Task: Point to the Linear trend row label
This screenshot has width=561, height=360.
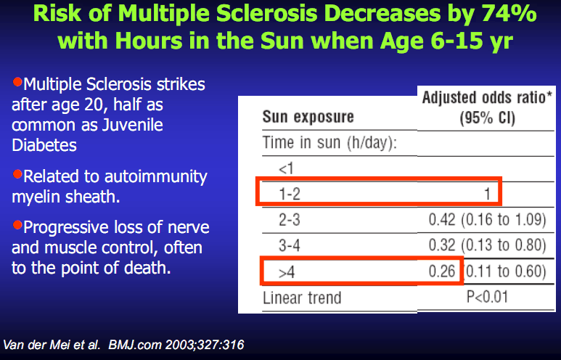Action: [x=301, y=298]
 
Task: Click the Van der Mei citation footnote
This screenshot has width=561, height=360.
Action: [x=124, y=343]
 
